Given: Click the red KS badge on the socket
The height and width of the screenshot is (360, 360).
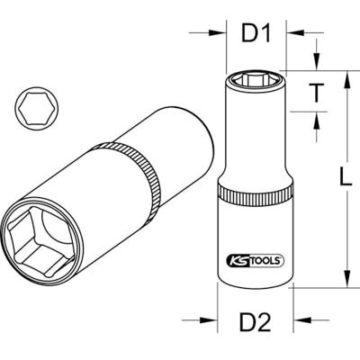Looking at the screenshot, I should tap(237, 259).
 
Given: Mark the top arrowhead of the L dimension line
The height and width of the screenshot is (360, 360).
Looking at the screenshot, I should tap(346, 76).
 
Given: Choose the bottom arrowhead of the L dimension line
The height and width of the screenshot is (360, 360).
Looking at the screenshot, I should tap(346, 282).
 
